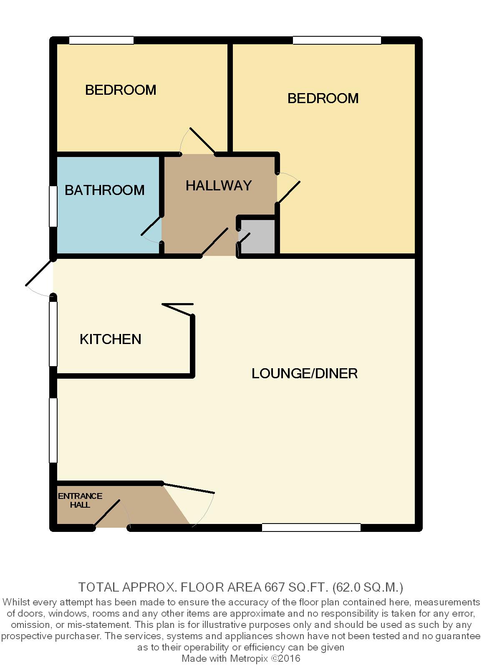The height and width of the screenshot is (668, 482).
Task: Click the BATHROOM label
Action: click(105, 190)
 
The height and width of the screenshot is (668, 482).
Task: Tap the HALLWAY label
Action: click(219, 185)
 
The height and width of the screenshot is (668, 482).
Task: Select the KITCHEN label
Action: click(110, 339)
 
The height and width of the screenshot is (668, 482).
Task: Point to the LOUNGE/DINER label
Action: click(304, 373)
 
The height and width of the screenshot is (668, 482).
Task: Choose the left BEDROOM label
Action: click(121, 90)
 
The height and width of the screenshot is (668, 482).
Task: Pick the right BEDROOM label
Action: click(323, 98)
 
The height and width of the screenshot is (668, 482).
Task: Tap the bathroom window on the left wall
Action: click(53, 206)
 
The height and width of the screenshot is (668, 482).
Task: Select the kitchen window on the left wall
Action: click(53, 334)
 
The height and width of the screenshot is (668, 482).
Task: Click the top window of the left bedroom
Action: click(101, 40)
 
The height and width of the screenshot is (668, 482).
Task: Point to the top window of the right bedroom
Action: click(337, 40)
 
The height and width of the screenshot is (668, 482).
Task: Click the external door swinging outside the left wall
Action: click(39, 272)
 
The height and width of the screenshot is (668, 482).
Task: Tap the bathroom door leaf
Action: click(151, 225)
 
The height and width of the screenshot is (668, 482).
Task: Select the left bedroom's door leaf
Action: click(203, 141)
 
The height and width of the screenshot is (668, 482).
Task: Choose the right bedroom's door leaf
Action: click(288, 192)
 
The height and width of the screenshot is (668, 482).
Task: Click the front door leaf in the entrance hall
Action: click(107, 513)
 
